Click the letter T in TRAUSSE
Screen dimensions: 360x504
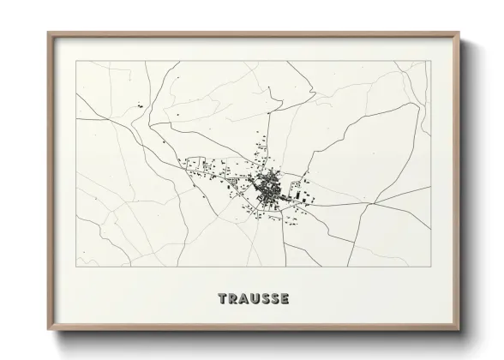[223, 299]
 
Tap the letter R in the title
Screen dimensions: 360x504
[233, 299]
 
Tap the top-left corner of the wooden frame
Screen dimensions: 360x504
[48, 33]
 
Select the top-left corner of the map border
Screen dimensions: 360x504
[76, 62]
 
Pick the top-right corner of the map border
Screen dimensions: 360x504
[430, 62]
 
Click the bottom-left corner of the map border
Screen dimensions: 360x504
[76, 267]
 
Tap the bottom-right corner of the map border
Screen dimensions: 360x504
[430, 267]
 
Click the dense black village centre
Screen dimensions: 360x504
[268, 183]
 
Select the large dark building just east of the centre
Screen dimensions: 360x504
[302, 195]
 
